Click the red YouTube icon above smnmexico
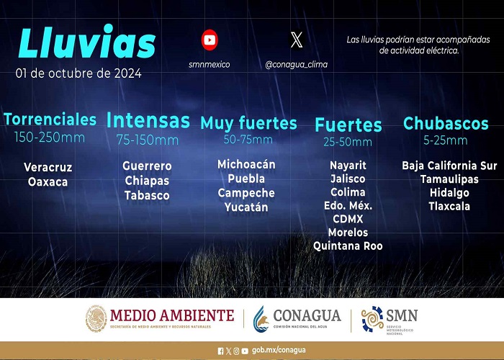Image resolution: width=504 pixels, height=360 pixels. coord(210,40)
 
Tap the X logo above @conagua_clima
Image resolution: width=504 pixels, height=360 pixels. coord(297,40)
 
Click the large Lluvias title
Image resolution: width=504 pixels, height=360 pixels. coord(87,42)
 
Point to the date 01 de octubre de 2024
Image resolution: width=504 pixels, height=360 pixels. coord(78,73)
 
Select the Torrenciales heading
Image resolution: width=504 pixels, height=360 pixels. coord(50,120)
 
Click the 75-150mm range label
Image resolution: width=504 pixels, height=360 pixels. coord(148,140)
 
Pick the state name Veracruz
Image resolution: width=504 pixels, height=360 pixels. coord(48,167)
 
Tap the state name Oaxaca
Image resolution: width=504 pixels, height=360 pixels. coord(48,182)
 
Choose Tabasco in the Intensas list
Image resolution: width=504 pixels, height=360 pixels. coord(147,195)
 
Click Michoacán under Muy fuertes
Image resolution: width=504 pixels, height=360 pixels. coord(246,164)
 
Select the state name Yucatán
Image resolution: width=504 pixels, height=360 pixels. coord(246,207)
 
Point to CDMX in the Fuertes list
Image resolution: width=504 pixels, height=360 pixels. coord(348,219)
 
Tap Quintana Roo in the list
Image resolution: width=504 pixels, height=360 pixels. coord(348,246)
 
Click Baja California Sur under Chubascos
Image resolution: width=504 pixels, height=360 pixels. coord(449,166)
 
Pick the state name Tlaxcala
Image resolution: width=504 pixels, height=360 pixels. coord(449,206)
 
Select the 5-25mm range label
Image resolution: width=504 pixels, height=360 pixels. coord(446,140)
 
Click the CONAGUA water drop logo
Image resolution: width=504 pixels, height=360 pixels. coord(261,319)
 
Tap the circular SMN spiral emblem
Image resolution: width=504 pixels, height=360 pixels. coord(372,319)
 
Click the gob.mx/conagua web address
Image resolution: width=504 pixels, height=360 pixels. coord(279,350)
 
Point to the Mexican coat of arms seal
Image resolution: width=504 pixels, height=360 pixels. coord(96,318)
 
